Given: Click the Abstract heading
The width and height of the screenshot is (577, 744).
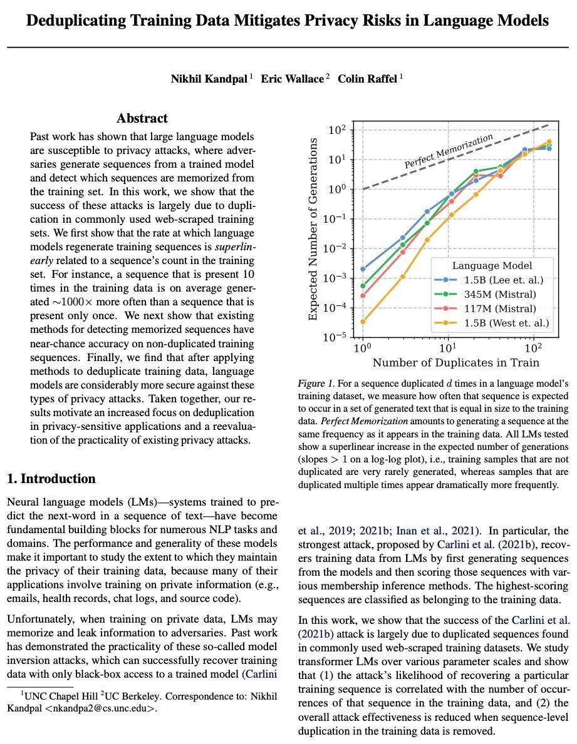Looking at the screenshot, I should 142,118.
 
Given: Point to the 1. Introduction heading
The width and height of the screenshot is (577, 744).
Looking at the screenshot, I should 51,479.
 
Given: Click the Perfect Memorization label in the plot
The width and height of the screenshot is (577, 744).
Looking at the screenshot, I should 449,151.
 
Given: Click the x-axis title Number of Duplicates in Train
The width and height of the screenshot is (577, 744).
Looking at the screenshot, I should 455,363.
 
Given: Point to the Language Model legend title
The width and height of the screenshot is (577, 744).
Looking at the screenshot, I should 492,266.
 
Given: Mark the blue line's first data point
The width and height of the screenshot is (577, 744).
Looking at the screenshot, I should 363,269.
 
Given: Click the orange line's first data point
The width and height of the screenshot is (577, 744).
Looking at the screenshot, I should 363,322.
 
